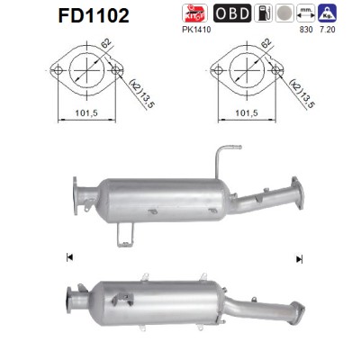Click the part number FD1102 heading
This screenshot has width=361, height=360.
(x=94, y=15)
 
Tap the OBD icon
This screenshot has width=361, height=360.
(x=232, y=13)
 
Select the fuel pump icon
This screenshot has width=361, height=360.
(x=263, y=13)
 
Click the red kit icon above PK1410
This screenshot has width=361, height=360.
(x=194, y=13)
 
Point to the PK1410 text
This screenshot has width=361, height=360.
(x=196, y=30)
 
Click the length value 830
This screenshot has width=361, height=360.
(x=306, y=30)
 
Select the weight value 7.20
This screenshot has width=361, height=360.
(x=328, y=30)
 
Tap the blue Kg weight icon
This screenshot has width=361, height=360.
(x=328, y=13)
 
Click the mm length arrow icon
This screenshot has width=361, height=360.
(x=306, y=13)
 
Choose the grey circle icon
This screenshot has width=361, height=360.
(x=284, y=13)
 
